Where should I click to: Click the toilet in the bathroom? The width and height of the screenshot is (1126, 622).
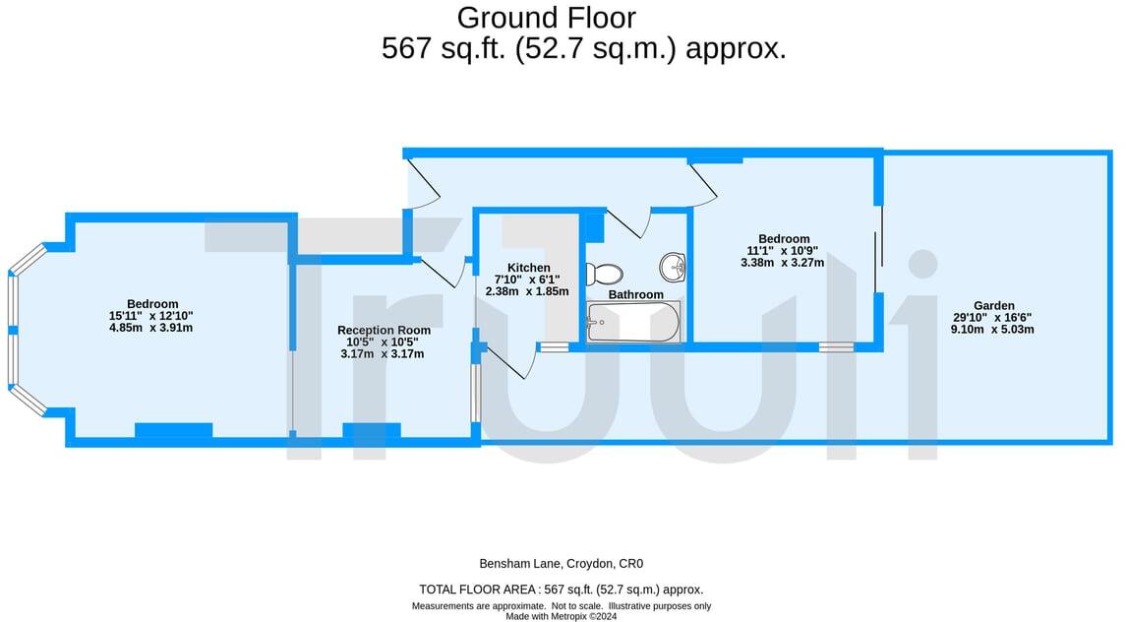(x=603, y=274)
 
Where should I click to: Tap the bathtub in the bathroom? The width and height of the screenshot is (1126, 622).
(x=632, y=323)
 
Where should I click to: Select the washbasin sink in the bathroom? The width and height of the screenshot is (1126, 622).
(x=674, y=265)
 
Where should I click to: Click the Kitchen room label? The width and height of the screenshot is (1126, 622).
(x=528, y=268)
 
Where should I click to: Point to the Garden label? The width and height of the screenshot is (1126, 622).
(x=994, y=305)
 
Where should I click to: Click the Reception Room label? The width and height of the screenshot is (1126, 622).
(x=384, y=331)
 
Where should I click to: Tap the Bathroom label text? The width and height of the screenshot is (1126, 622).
(x=635, y=294)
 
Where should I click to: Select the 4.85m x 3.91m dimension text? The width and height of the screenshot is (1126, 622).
(x=151, y=328)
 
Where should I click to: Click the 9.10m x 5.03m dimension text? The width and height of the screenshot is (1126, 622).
(x=992, y=329)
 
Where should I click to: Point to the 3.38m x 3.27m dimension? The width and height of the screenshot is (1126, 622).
(x=784, y=263)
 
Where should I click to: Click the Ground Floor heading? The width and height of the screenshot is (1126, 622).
(x=546, y=18)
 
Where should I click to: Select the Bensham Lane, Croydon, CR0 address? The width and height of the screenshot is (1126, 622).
(x=561, y=564)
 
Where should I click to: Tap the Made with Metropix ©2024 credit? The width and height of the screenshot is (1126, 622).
(x=561, y=616)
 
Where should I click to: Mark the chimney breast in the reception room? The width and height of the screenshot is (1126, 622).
(x=371, y=429)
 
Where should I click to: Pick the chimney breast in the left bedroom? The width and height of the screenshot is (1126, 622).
(x=173, y=429)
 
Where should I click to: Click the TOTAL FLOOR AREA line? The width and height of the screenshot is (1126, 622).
(x=561, y=590)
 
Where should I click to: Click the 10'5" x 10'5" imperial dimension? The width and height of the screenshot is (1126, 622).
(x=383, y=342)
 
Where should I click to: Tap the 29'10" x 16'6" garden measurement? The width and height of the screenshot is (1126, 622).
(x=992, y=317)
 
